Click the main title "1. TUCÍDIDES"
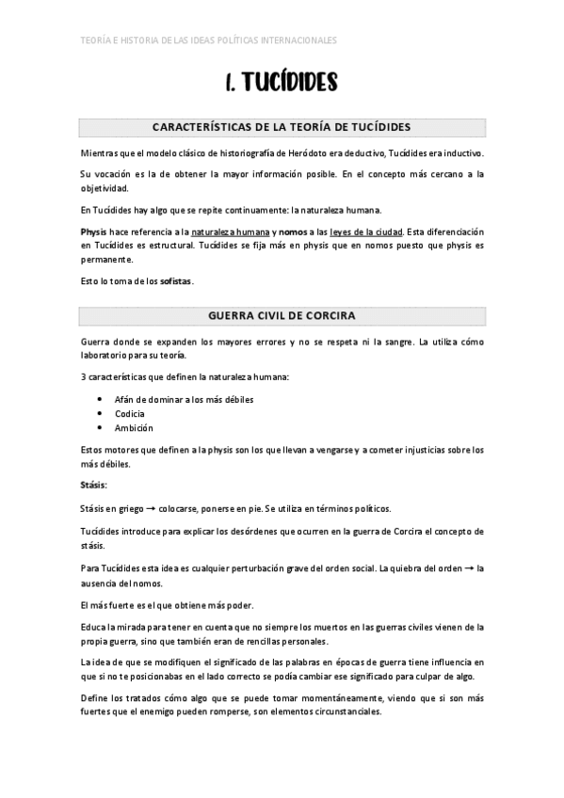tap(282, 85)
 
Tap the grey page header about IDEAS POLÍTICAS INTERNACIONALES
tap(208, 40)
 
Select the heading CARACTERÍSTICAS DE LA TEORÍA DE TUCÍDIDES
tap(282, 127)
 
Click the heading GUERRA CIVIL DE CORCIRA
tap(282, 314)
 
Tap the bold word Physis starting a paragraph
tap(93, 231)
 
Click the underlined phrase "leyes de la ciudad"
tap(369, 231)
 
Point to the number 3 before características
tap(83, 377)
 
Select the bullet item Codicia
tap(129, 413)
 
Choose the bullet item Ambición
tap(134, 427)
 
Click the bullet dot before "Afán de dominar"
tap(100, 399)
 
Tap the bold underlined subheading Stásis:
tap(94, 485)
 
